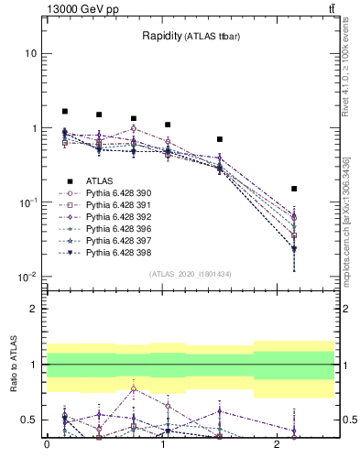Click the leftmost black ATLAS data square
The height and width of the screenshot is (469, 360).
(x=65, y=111)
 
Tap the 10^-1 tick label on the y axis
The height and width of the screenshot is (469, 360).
(x=27, y=202)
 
